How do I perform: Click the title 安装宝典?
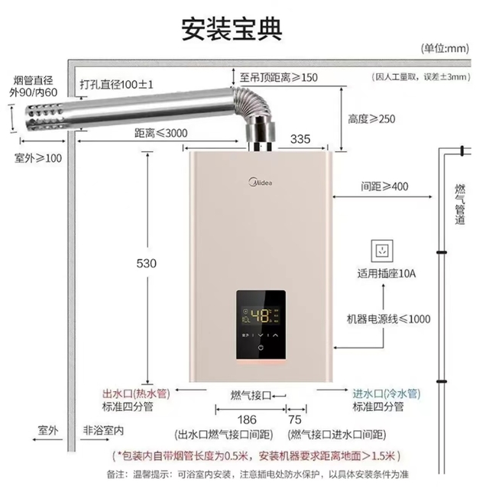tap(232, 29)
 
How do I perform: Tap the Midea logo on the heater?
tap(261, 182)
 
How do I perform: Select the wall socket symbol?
tap(382, 251)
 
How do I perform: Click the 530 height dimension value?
tap(146, 264)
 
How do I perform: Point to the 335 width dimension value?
tap(300, 139)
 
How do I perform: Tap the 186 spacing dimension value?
tap(247, 419)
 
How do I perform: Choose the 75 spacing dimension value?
tap(295, 419)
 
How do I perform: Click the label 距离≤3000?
tap(161, 133)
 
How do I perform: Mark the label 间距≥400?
tap(384, 186)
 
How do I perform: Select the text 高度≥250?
tap(371, 119)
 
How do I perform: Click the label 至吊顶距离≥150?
tap(278, 77)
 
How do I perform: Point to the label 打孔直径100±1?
tap(116, 84)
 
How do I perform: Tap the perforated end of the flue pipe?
tap(45, 117)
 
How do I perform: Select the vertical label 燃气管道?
tap(460, 204)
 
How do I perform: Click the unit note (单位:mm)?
tap(445, 48)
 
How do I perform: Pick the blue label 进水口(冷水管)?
tap(387, 393)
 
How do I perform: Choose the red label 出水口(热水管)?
tap(136, 393)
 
